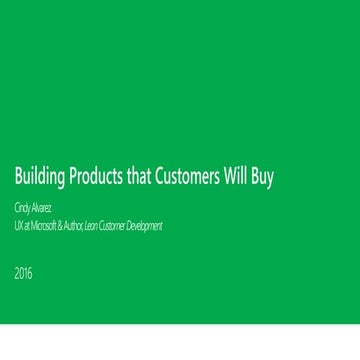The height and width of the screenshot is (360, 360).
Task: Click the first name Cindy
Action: (24, 209)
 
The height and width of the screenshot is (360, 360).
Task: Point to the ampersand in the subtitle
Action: (62, 226)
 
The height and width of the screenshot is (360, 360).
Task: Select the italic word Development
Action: (145, 226)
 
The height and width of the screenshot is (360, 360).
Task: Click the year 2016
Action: (23, 273)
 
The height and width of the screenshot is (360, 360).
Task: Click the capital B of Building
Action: (18, 178)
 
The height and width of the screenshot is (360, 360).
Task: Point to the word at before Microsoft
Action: (27, 226)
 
